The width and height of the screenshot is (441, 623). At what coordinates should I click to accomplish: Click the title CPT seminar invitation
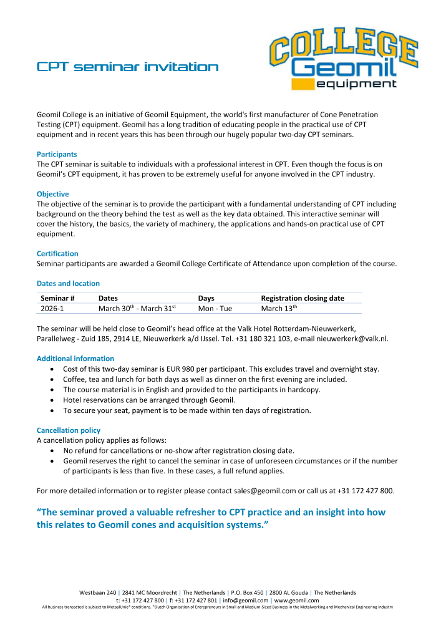pos(127,67)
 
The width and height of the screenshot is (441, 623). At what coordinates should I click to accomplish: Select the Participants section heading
pos(57,153)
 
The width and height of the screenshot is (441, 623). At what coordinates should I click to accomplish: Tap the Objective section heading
pos(53,194)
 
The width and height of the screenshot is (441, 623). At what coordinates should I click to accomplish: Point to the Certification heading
pos(57,254)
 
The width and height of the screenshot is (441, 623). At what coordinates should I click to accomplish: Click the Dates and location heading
pos(68,283)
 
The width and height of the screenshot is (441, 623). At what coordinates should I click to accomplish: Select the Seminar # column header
pos(58,298)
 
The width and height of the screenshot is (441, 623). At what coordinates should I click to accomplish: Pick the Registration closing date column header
pos(303,298)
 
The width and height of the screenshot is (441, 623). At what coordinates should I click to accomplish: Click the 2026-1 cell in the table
pos(52,308)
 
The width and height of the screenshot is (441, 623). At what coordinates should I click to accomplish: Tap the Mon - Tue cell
pos(215,308)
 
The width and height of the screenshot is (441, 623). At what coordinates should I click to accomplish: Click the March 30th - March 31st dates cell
pos(137,308)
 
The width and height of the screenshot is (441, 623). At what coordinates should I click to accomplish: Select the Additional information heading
pos(75,359)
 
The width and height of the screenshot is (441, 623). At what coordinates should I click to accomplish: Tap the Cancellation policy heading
pos(69,430)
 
